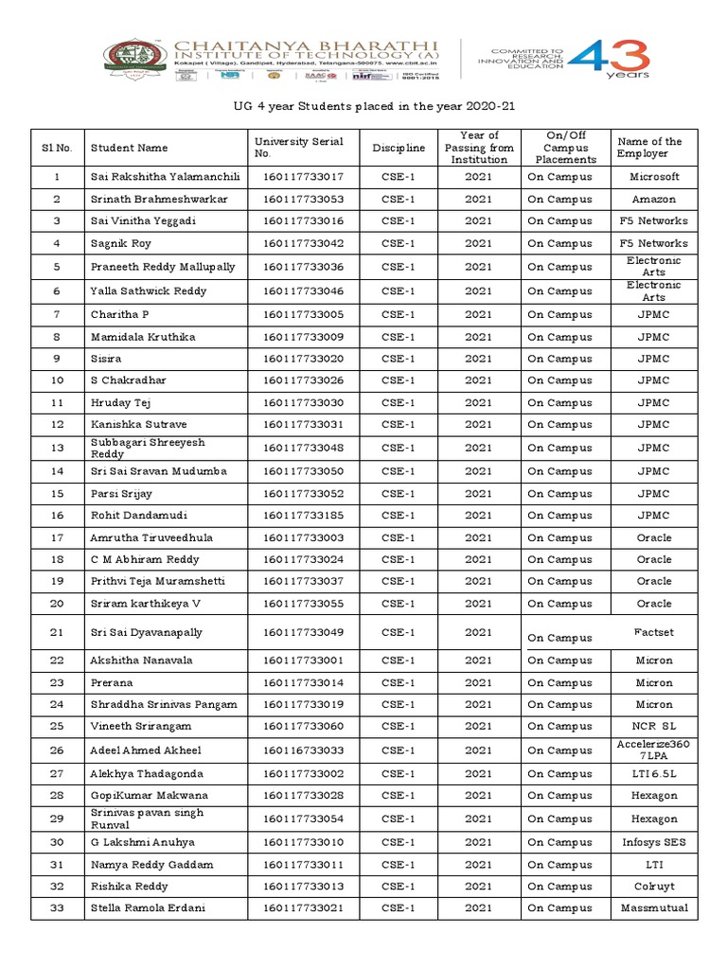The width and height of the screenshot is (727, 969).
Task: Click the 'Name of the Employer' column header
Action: point(649,148)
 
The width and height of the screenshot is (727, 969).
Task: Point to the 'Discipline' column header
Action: point(399,148)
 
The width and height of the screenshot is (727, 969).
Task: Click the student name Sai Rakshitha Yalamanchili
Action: point(166,177)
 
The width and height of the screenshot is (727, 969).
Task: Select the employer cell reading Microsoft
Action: point(654,177)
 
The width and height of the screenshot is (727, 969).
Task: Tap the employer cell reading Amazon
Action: point(654,200)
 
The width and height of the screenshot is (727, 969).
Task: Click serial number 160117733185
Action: point(303,516)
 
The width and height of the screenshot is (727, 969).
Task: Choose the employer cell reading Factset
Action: point(654,630)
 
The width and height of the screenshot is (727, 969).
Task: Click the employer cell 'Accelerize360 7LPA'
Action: point(654,750)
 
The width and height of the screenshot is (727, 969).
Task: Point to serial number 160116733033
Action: point(303,750)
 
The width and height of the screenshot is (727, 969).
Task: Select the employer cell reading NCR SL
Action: point(654,727)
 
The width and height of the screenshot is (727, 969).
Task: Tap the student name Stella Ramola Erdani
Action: point(148,908)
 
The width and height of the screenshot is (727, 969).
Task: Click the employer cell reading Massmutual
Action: point(654,908)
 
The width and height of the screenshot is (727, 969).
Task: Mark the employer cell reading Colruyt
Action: point(654,887)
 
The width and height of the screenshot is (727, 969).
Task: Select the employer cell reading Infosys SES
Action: point(654,842)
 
